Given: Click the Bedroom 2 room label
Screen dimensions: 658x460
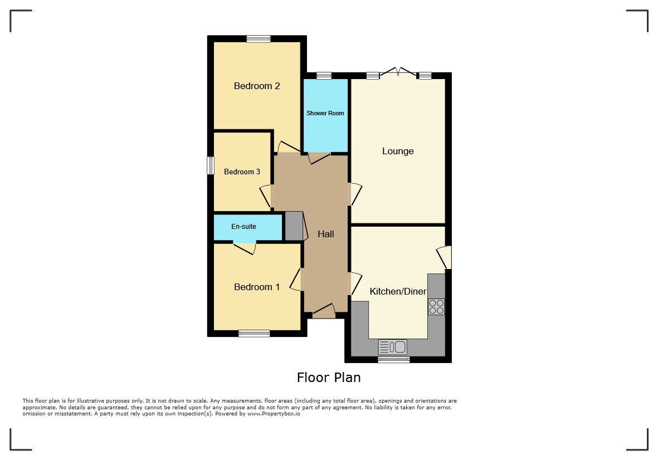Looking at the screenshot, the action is point(257,86).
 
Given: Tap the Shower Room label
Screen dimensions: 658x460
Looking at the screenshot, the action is point(325,113).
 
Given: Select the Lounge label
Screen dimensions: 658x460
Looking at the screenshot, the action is point(398,151).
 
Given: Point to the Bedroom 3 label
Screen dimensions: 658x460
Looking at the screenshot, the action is point(242,172).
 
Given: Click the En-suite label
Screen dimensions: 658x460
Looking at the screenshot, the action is point(243,227).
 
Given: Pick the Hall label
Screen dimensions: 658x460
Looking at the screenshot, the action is point(325,234).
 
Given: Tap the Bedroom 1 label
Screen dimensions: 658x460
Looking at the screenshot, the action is point(257,287).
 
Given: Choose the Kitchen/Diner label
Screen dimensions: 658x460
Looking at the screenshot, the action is point(398,291).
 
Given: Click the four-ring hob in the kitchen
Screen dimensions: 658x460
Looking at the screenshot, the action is point(436,306).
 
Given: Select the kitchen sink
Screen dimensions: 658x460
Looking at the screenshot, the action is point(393,347).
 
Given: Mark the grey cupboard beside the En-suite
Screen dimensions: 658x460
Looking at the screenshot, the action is point(294,226).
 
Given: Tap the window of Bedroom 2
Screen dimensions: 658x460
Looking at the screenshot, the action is point(259,39).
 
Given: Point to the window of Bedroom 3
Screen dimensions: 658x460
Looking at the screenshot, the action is point(211,165).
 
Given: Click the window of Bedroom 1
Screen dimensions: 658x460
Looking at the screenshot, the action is point(254,334).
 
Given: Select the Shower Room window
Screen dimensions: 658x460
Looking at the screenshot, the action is point(324,76).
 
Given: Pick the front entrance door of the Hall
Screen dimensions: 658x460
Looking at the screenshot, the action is point(324,311).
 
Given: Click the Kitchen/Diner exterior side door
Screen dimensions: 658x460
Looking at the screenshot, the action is point(445,257).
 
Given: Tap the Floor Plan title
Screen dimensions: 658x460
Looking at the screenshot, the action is point(329,378).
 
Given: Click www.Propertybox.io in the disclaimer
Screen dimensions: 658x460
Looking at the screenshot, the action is point(274,414).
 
